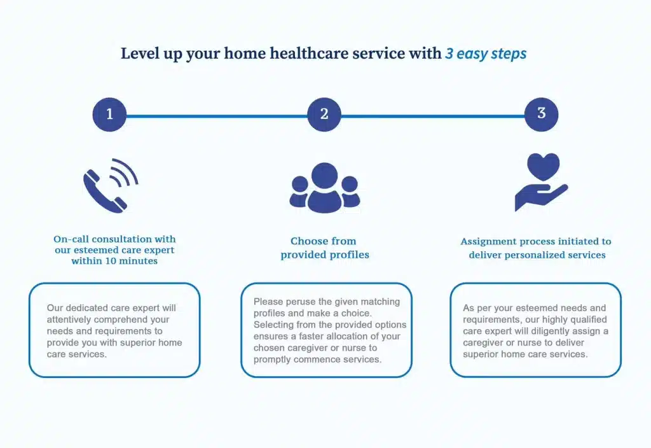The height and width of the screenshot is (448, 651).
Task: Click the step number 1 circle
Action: click(109, 115)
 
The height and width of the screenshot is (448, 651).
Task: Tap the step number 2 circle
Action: click(324, 115)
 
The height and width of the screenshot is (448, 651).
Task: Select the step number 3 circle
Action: click(541, 115)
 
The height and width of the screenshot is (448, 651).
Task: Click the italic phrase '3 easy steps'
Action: click(486, 53)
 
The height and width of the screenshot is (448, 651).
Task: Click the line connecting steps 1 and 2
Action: click(217, 116)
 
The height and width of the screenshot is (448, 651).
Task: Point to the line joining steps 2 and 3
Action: click(432, 116)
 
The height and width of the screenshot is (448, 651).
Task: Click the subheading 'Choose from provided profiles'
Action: click(324, 248)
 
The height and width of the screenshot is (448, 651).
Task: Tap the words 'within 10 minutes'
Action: click(114, 261)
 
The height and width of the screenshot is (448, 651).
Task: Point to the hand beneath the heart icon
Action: click(540, 198)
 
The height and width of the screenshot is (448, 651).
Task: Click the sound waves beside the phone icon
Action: click(124, 172)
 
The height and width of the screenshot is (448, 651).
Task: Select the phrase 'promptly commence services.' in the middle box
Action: click(317, 360)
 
